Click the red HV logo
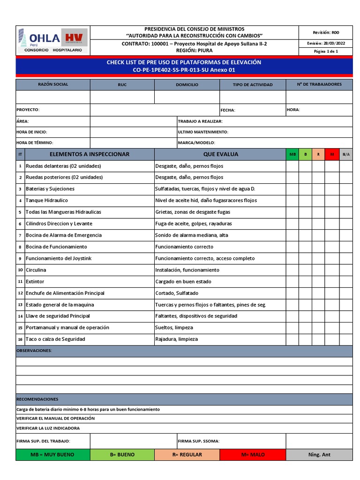74,38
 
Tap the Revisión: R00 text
326,32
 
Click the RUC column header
122,85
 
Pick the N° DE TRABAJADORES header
319,84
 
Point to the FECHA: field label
228,110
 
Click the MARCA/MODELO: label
196,142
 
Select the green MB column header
292,154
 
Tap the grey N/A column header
346,154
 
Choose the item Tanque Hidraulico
46,200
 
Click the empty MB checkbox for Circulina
292,270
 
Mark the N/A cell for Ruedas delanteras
346,166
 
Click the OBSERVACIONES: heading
34,351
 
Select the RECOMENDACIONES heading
37,399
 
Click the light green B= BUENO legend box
122,455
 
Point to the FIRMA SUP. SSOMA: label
199,441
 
